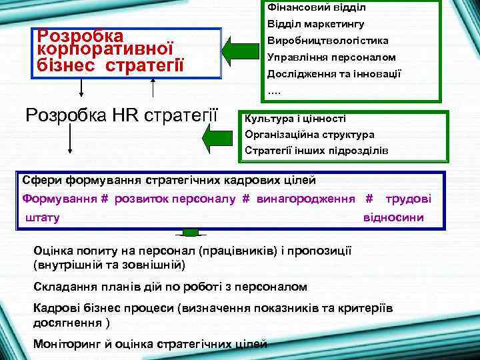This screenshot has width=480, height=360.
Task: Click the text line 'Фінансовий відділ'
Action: click(x=316, y=8)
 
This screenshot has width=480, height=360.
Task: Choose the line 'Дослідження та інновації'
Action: click(x=334, y=73)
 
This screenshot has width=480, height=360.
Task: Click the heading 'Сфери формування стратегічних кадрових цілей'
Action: click(x=169, y=180)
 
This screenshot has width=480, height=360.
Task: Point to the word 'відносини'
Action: click(x=393, y=218)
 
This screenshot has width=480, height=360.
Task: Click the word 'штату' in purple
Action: click(x=43, y=218)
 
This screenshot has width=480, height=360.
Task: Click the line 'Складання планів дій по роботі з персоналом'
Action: click(x=170, y=287)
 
